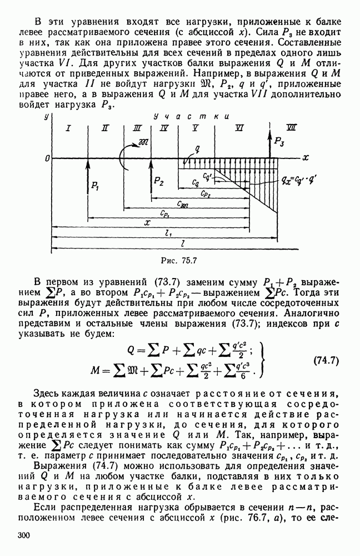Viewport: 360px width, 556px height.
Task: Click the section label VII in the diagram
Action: [292, 128]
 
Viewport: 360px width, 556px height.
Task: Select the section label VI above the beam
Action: [239, 128]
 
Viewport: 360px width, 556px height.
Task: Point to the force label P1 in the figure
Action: [95, 187]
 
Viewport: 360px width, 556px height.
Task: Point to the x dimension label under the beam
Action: [147, 222]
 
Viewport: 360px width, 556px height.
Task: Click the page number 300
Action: [24, 535]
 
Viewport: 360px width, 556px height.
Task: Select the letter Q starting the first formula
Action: [132, 351]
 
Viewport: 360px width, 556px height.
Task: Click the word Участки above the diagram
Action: [186, 118]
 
